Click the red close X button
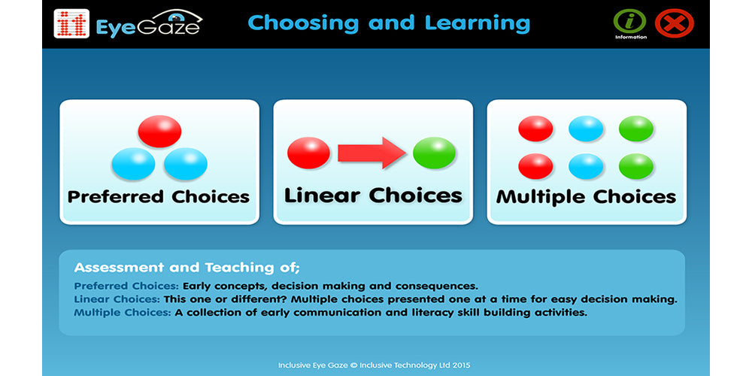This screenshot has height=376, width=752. (674, 23)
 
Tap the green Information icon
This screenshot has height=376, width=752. (630, 21)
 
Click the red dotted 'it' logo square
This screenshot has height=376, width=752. (71, 24)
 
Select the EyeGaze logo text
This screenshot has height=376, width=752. (148, 27)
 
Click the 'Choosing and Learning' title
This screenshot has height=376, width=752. (388, 23)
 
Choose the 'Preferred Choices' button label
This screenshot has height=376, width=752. (159, 197)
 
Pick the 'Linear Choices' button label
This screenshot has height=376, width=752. (373, 196)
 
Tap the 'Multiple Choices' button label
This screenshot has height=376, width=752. (587, 197)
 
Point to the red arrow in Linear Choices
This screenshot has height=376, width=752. (371, 153)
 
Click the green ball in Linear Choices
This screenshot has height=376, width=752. (434, 153)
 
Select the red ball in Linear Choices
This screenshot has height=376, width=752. (309, 153)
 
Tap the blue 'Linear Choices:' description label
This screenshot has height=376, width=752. (116, 299)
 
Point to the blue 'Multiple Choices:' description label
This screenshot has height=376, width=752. (123, 312)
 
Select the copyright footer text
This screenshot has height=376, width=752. (374, 365)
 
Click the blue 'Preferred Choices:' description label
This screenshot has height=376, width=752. (126, 286)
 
